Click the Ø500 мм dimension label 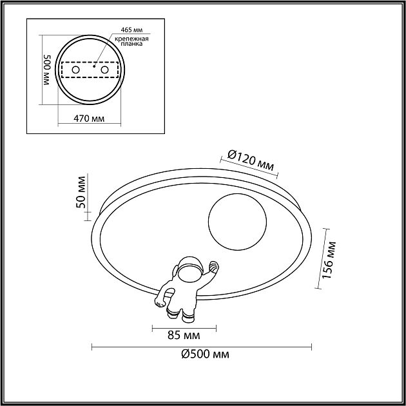(x=205, y=354)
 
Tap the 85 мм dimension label (x=184, y=335)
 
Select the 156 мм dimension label (x=329, y=260)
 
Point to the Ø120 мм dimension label (x=250, y=161)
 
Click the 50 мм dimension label (x=81, y=192)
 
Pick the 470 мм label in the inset (x=89, y=119)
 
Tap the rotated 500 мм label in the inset (x=47, y=70)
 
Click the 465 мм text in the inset (x=131, y=30)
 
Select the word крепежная (x=131, y=39)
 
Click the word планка (x=131, y=44)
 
